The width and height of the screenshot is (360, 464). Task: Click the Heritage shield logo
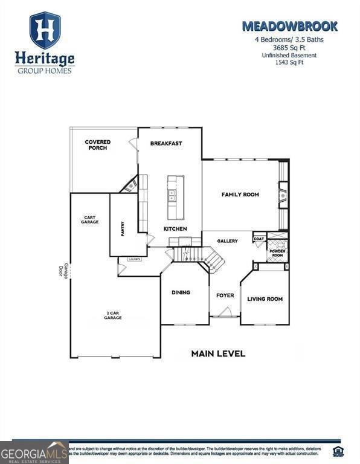[45, 30]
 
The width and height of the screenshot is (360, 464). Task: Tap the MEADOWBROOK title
[289, 26]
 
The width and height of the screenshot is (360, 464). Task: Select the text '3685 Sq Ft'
[289, 48]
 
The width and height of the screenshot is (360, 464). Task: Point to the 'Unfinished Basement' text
[289, 56]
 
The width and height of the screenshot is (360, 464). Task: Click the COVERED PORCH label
[98, 145]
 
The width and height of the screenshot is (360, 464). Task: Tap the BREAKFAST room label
[166, 143]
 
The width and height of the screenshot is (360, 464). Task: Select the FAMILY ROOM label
[240, 195]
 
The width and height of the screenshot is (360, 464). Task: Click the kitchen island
[176, 197]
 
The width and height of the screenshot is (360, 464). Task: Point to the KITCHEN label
[175, 229]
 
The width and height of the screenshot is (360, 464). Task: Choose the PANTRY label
[123, 229]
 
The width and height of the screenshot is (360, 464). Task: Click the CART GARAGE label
[90, 220]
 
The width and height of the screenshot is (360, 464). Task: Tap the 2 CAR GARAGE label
[113, 315]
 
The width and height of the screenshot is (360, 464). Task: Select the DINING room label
[181, 292]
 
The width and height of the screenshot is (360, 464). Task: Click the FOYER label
[225, 295]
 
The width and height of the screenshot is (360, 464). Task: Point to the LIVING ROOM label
[265, 299]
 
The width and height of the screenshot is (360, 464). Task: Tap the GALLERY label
[228, 241]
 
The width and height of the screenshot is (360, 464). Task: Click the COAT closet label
[259, 238]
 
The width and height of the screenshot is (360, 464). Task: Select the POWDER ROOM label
[277, 253]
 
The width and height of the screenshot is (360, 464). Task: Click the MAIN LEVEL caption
[218, 353]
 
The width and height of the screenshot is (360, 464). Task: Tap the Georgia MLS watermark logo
[34, 453]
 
